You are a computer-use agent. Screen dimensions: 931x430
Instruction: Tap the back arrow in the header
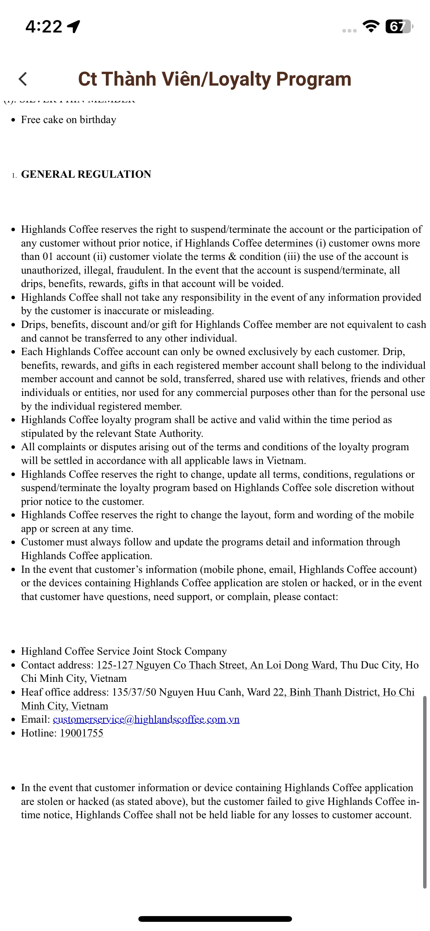click(x=23, y=79)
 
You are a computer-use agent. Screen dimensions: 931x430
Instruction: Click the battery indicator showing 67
click(x=399, y=27)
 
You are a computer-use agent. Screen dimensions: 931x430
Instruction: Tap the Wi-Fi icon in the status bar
click(x=371, y=26)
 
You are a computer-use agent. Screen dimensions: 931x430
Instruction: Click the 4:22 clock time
click(x=44, y=27)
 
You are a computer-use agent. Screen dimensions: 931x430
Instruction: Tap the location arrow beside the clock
click(x=74, y=26)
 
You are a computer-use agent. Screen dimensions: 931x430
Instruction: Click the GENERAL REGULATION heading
click(x=86, y=174)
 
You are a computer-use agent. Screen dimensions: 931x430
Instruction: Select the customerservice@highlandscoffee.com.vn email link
click(x=146, y=719)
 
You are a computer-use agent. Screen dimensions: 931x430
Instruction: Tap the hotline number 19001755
click(x=81, y=733)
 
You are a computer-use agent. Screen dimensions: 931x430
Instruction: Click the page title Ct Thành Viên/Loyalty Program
click(x=214, y=79)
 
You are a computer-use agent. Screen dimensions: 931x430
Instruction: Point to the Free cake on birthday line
click(x=68, y=120)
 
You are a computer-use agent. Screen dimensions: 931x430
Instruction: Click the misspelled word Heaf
click(x=32, y=692)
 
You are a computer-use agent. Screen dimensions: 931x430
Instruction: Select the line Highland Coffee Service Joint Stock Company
click(x=124, y=651)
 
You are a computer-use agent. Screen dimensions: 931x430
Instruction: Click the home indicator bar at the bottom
click(x=215, y=919)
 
